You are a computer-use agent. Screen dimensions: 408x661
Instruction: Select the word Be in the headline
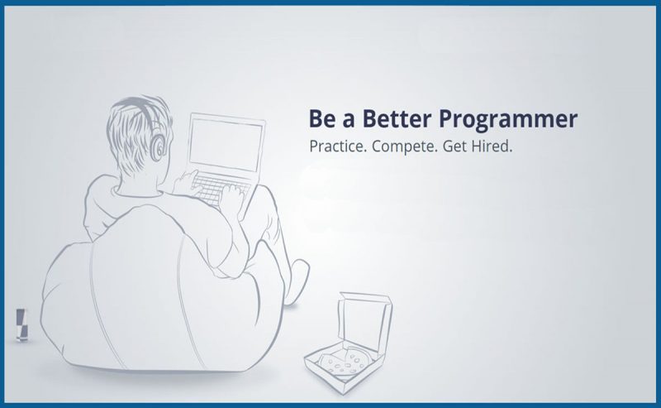(x=320, y=118)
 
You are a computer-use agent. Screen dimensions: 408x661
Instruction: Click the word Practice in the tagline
(x=336, y=146)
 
